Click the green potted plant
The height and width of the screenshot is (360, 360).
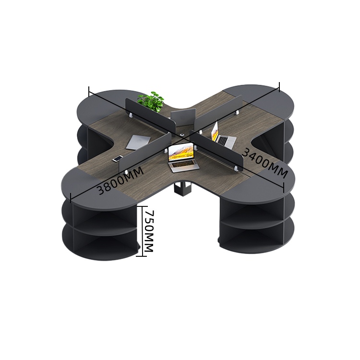151,102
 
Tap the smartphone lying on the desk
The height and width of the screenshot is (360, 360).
118,158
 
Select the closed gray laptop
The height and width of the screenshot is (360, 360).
138,142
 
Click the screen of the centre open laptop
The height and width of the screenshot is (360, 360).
180,152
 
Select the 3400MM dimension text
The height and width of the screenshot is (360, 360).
265,163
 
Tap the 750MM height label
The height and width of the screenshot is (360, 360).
149,231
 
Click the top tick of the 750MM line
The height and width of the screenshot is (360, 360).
142,206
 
